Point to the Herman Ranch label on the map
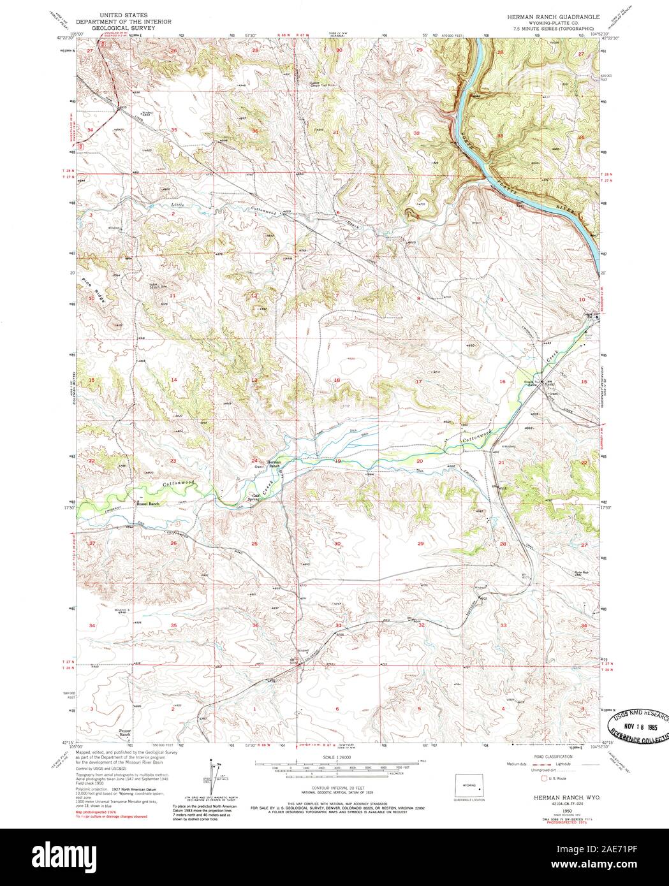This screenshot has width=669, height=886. pos(274,463)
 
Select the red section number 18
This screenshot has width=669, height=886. pos(337,381)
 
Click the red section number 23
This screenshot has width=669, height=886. pos(172,460)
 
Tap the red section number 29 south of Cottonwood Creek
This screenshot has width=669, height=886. pos(420,543)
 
